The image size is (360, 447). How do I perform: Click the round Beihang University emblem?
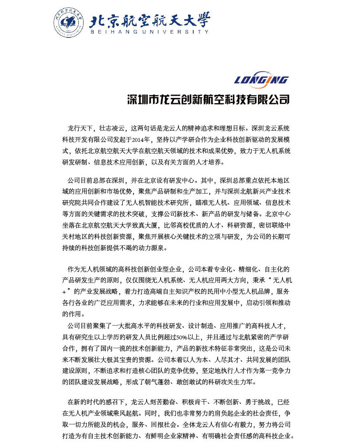coord(69,22)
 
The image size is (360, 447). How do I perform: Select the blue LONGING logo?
coord(261,79)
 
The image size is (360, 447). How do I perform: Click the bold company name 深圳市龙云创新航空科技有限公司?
coord(208,100)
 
